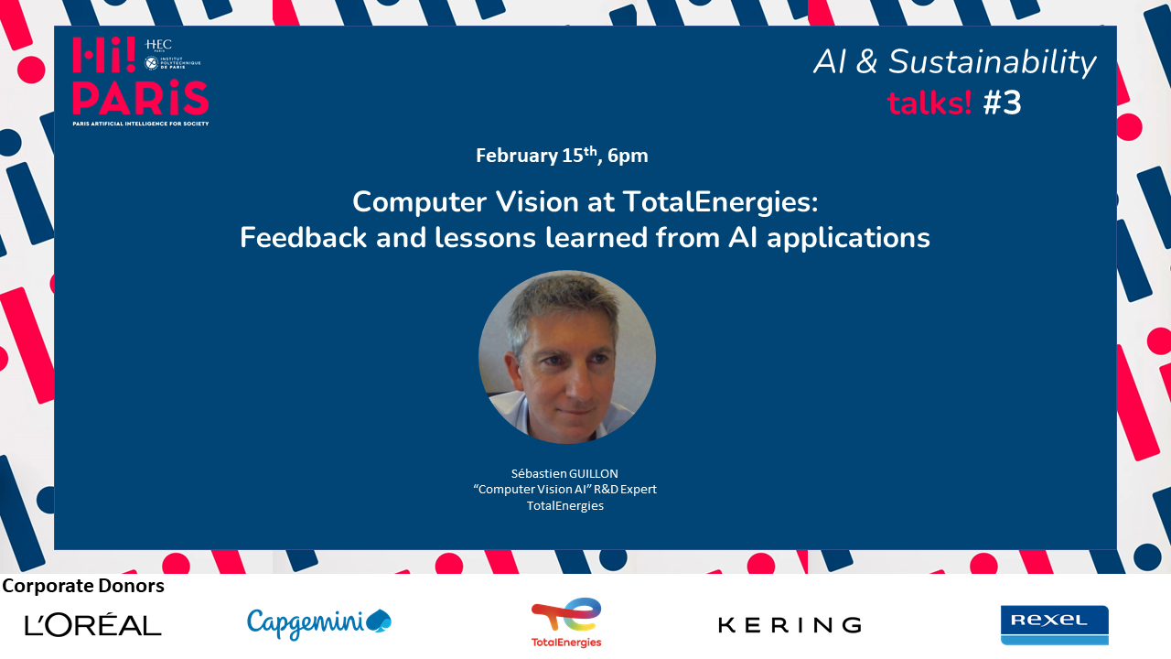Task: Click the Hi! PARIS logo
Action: click(x=139, y=81)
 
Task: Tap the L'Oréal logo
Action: click(x=93, y=625)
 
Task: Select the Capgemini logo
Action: click(x=318, y=622)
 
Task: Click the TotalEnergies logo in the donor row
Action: click(x=566, y=622)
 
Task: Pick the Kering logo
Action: click(x=790, y=625)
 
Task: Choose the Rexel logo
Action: click(x=1054, y=624)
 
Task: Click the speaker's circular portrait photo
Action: click(x=567, y=357)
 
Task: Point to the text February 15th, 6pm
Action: click(x=562, y=156)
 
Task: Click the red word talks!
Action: click(x=929, y=103)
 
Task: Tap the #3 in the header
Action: click(x=1003, y=103)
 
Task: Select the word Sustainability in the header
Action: click(x=992, y=62)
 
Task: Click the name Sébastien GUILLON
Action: click(x=564, y=473)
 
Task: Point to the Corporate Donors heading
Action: click(x=83, y=586)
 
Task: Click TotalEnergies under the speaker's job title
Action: click(x=564, y=505)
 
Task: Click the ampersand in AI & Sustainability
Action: click(x=868, y=62)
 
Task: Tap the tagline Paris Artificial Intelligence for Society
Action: click(x=141, y=122)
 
